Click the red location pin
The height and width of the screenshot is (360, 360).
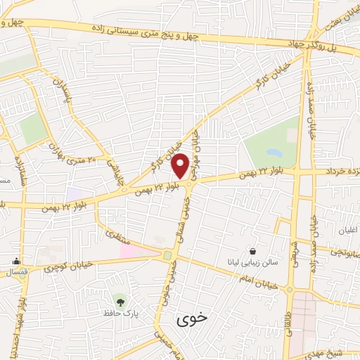181,166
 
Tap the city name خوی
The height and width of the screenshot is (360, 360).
193,318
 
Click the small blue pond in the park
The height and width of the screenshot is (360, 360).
272,152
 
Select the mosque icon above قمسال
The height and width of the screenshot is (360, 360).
15,262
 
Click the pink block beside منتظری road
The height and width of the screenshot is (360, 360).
138,252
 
